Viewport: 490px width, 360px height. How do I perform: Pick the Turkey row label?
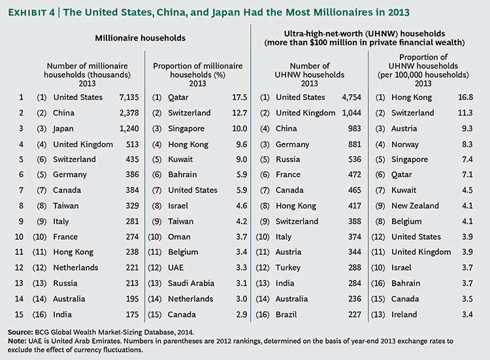coord(289,268)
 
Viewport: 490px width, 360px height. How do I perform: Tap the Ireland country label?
coord(410,314)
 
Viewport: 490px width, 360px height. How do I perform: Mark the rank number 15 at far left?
coord(22,314)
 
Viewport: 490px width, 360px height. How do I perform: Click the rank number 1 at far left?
coord(22,97)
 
